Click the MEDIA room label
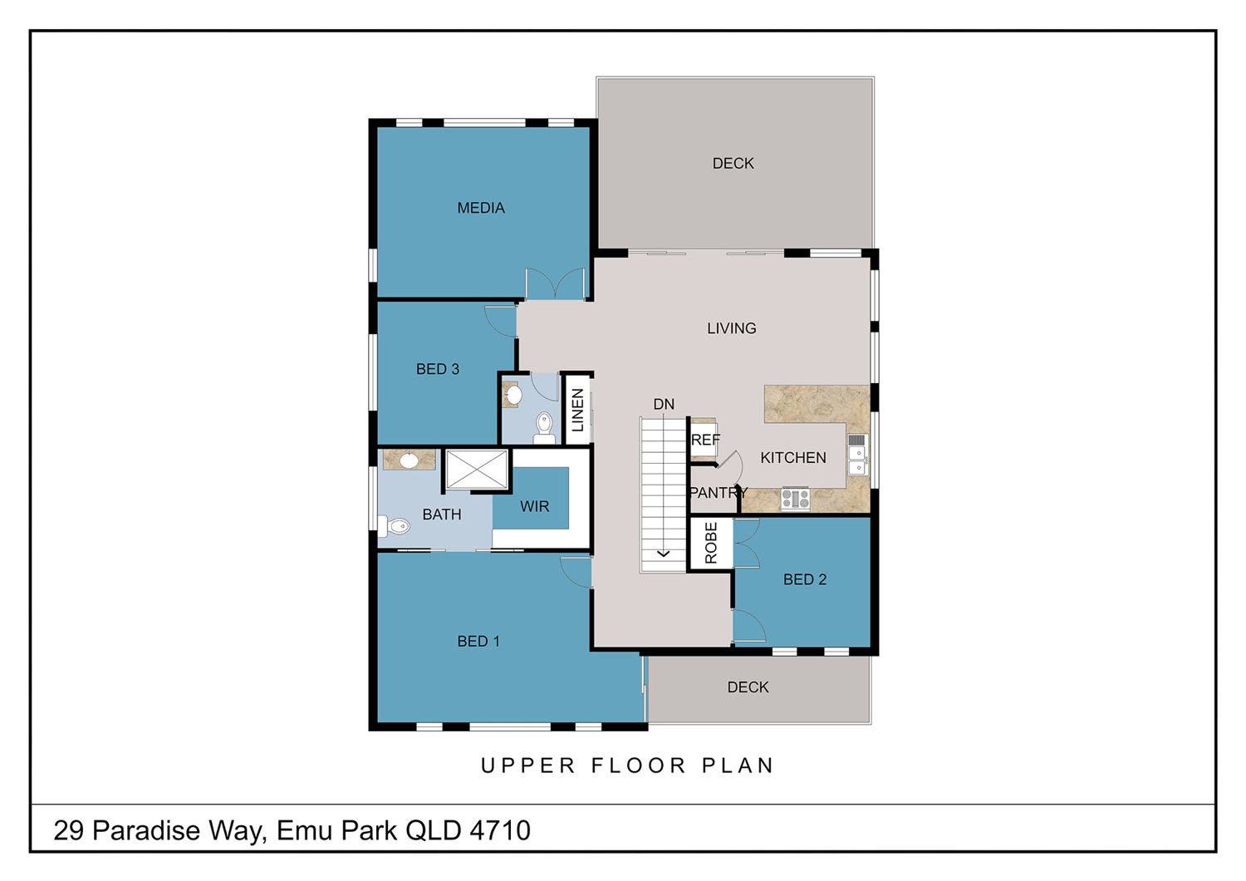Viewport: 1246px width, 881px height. pos(481,208)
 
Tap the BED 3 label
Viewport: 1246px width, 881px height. pos(438,369)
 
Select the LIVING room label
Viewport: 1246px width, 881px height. pos(732,328)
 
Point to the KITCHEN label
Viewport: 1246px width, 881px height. pos(793,457)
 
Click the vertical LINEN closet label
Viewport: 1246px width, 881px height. pos(577,411)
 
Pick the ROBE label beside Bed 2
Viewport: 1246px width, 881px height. pos(711,543)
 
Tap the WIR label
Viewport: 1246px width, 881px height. pos(535,506)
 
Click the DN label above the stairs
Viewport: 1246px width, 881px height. pos(664,404)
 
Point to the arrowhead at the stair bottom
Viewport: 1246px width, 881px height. pos(663,554)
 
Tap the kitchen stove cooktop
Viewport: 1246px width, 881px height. pos(796,498)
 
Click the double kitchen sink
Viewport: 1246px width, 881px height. pos(858,455)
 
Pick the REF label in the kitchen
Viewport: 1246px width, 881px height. pos(705,440)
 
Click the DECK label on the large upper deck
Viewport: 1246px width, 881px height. pos(733,163)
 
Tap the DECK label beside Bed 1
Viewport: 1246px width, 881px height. pos(748,687)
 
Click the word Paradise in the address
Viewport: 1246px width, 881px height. pos(145,830)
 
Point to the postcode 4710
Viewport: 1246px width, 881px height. pos(500,830)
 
